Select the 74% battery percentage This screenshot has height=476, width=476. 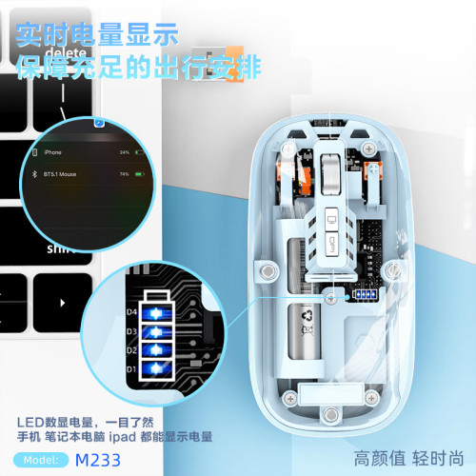tap(124, 174)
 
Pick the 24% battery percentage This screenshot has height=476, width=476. tap(124, 151)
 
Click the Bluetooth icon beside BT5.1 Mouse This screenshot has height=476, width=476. tap(36, 174)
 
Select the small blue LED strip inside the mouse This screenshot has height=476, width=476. tap(365, 295)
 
